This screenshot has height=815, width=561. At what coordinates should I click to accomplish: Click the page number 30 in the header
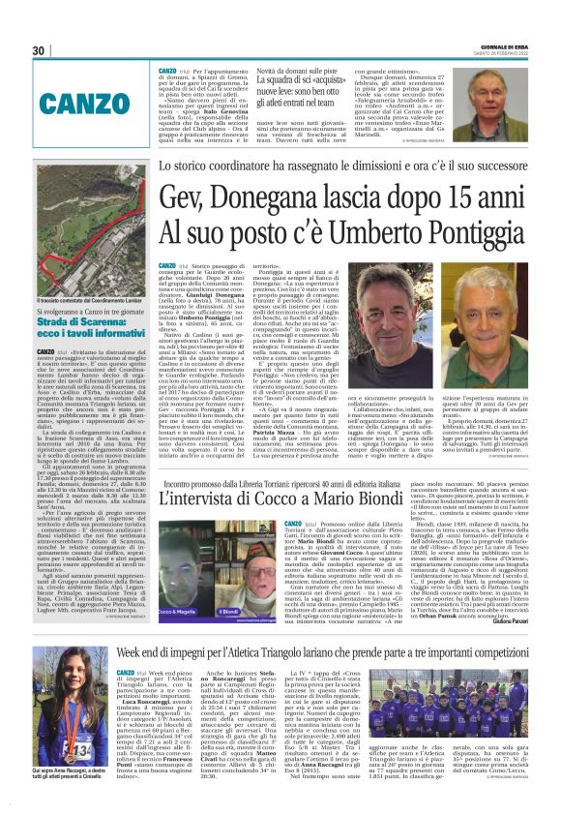[x=41, y=50]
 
